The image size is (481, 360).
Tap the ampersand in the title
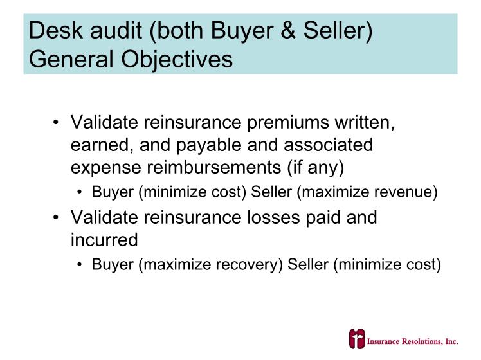[x=288, y=30]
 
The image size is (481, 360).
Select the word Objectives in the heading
[x=177, y=60]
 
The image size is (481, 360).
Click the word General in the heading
[x=71, y=59]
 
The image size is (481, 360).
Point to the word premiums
[x=288, y=123]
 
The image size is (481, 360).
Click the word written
[x=365, y=123]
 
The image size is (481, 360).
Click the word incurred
[x=104, y=240]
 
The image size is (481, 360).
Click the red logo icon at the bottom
[x=357, y=339]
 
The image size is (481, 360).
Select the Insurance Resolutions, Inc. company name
[x=413, y=341]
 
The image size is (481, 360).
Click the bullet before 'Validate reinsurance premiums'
[x=55, y=122]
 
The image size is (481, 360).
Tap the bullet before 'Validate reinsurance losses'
[x=55, y=217]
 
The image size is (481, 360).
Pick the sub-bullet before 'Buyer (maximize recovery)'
[x=80, y=265]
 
